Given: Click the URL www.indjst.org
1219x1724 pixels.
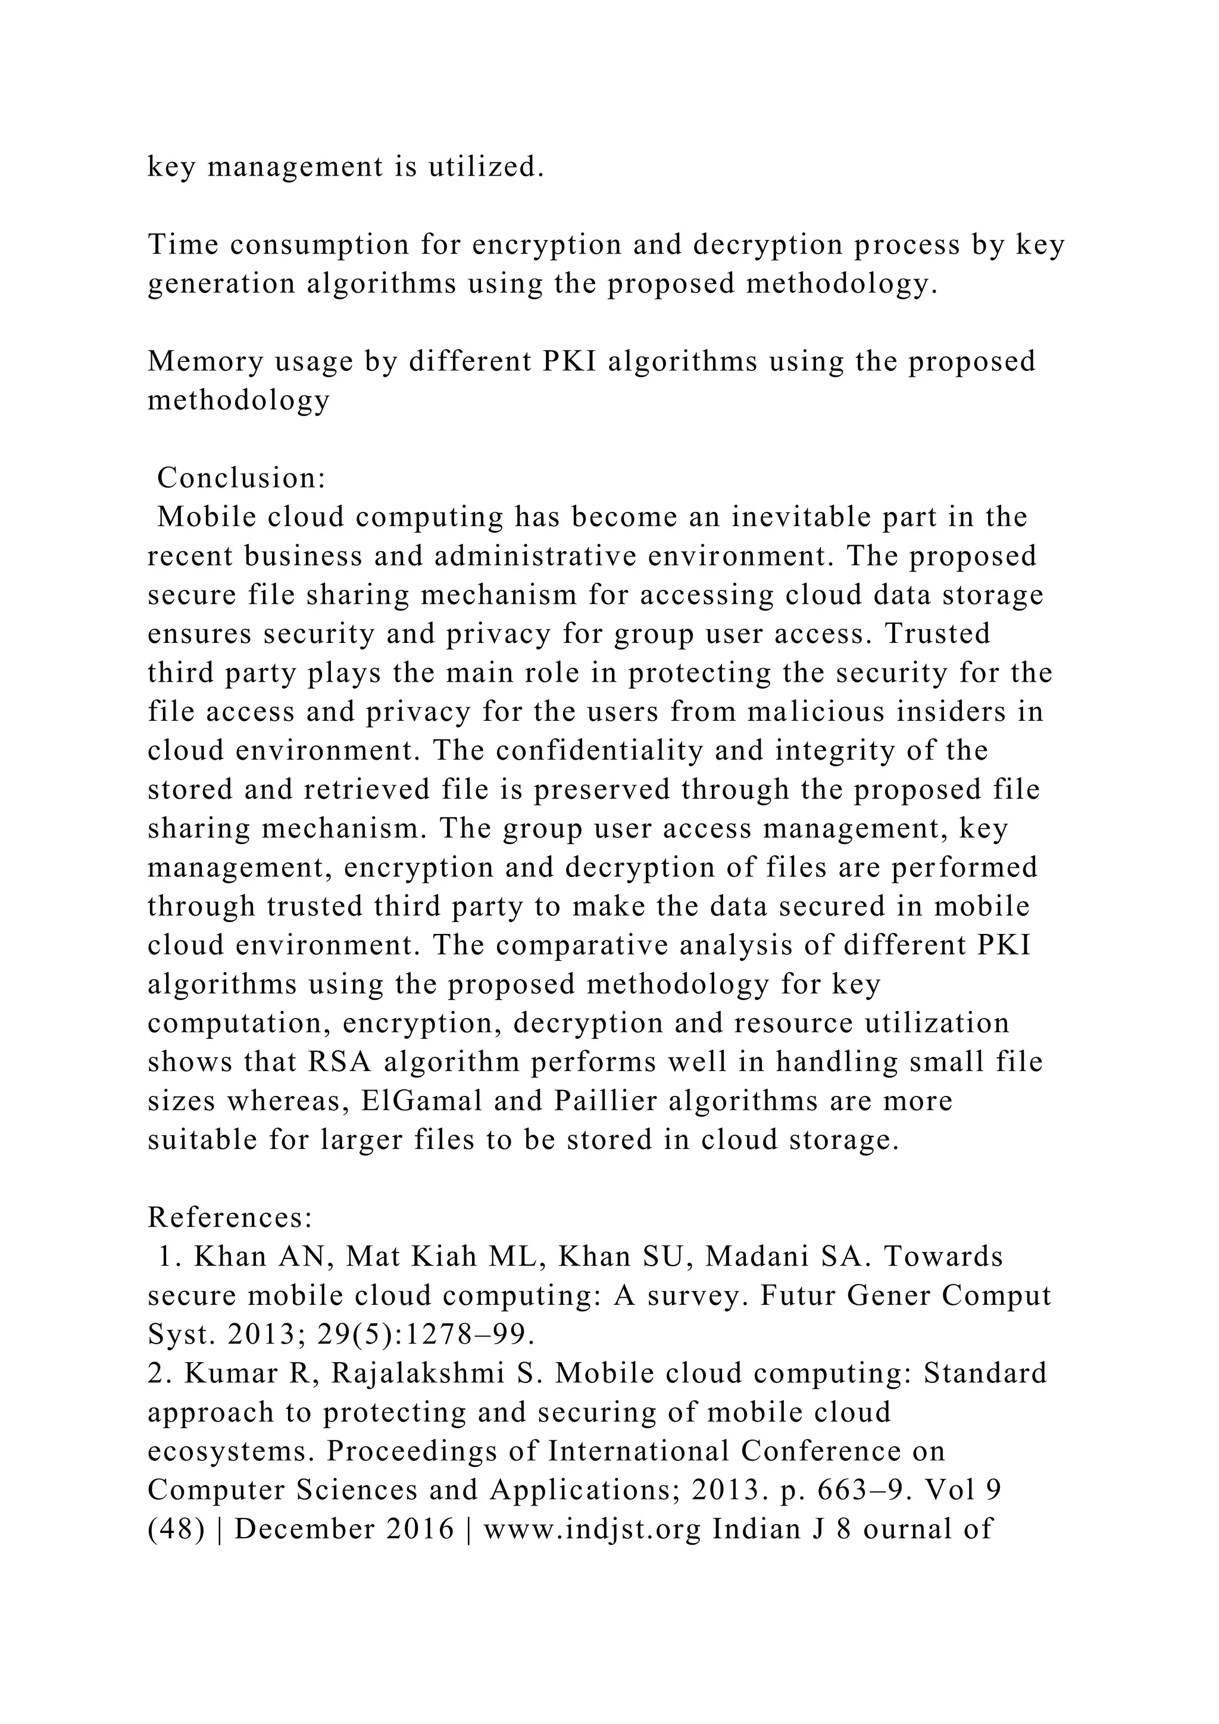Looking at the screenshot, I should (x=592, y=1529).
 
